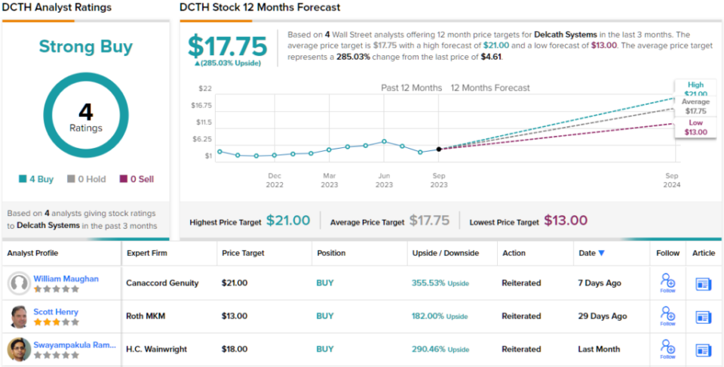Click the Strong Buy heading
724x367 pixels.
coord(85,47)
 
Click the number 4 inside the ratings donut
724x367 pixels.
coord(85,112)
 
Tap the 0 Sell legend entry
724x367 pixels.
coord(137,179)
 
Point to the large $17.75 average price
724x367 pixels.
coord(227,46)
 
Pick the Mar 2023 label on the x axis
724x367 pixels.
coord(330,180)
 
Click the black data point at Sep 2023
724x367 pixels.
coord(439,149)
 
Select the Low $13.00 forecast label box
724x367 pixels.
coord(696,128)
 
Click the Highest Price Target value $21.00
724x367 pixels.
coord(288,221)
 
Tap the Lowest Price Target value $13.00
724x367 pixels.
coord(566,221)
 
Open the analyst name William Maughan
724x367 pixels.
coord(66,279)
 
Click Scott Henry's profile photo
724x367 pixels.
coord(19,316)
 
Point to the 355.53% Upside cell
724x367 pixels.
coord(440,283)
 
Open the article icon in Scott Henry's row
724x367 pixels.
coord(704,316)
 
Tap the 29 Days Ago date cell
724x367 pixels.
coord(603,316)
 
